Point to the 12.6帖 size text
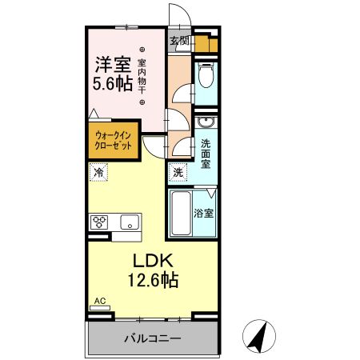point(152,280)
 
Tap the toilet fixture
point(206,78)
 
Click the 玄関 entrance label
point(179,41)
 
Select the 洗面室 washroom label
point(206,154)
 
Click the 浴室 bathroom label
point(205,214)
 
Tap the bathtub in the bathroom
point(181,214)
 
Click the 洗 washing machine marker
point(178,172)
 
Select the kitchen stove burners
point(101,222)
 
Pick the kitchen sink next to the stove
point(130,222)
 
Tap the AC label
point(99,302)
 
